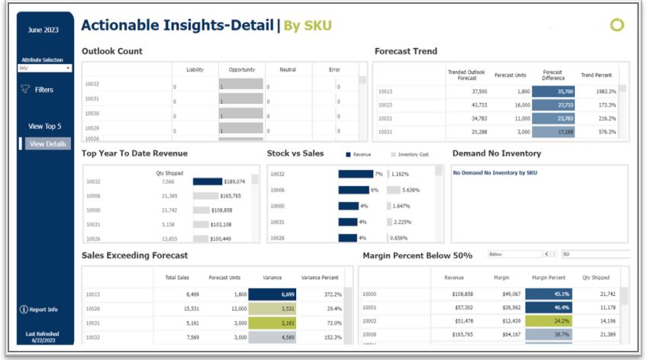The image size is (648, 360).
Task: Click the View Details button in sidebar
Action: click(x=48, y=143)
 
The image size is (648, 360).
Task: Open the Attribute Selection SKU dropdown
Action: click(x=44, y=68)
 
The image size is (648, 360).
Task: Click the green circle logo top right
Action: click(x=617, y=25)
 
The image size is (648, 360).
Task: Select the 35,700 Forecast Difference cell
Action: click(x=553, y=91)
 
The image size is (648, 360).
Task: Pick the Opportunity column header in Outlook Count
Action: click(x=241, y=69)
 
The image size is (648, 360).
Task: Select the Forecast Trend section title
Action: click(x=405, y=51)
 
